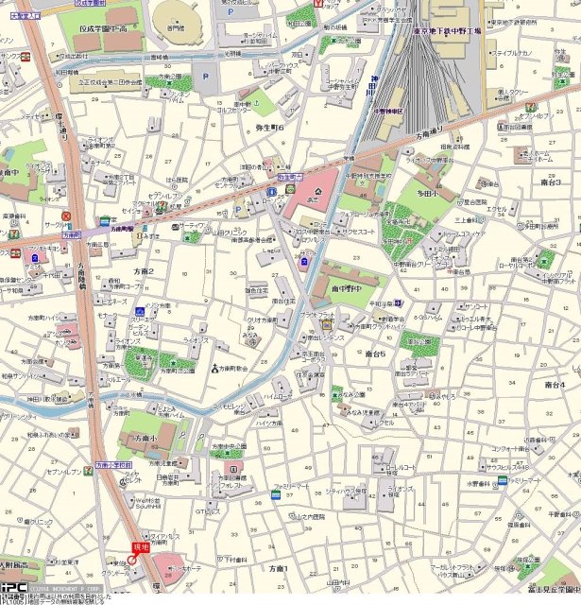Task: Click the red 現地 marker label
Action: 141,547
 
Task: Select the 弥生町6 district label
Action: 269,126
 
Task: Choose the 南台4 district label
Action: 555,385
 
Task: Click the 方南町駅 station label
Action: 120,227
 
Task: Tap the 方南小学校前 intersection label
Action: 111,465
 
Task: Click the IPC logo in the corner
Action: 12,587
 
